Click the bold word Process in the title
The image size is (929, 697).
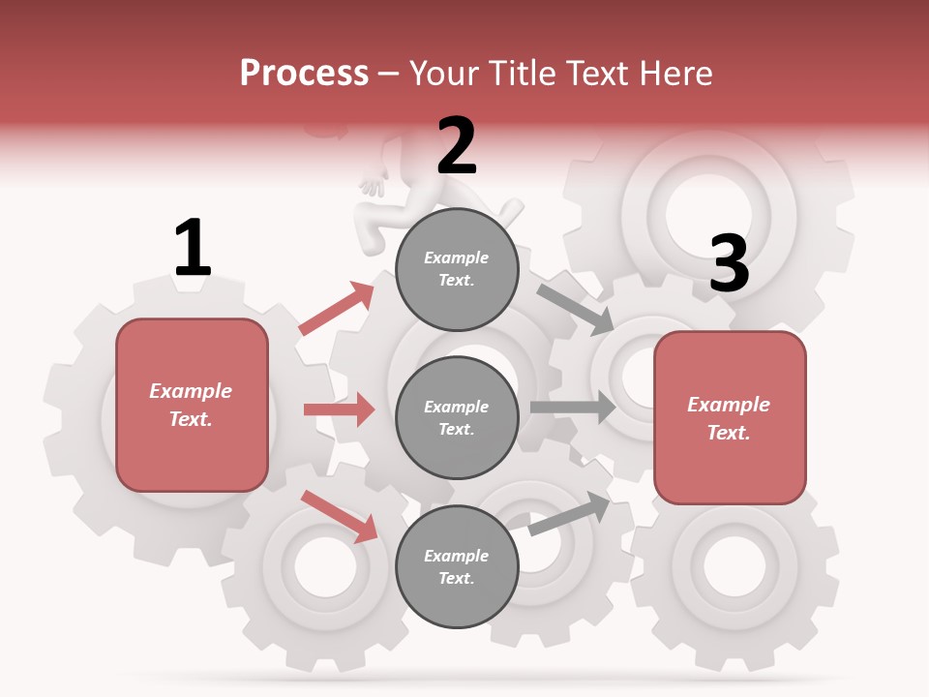(304, 74)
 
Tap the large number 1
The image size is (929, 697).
(193, 248)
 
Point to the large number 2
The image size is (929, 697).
(457, 145)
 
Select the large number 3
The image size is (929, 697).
(729, 263)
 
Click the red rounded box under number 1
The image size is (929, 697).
(192, 405)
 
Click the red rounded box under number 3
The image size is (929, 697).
(730, 418)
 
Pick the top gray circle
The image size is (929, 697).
(457, 269)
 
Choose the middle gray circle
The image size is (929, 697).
(457, 418)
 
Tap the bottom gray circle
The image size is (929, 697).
(457, 567)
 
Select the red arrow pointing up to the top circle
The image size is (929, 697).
(337, 309)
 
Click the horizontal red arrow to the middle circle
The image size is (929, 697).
(339, 409)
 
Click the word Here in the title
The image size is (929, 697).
(677, 74)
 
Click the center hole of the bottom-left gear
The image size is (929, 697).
(313, 564)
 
